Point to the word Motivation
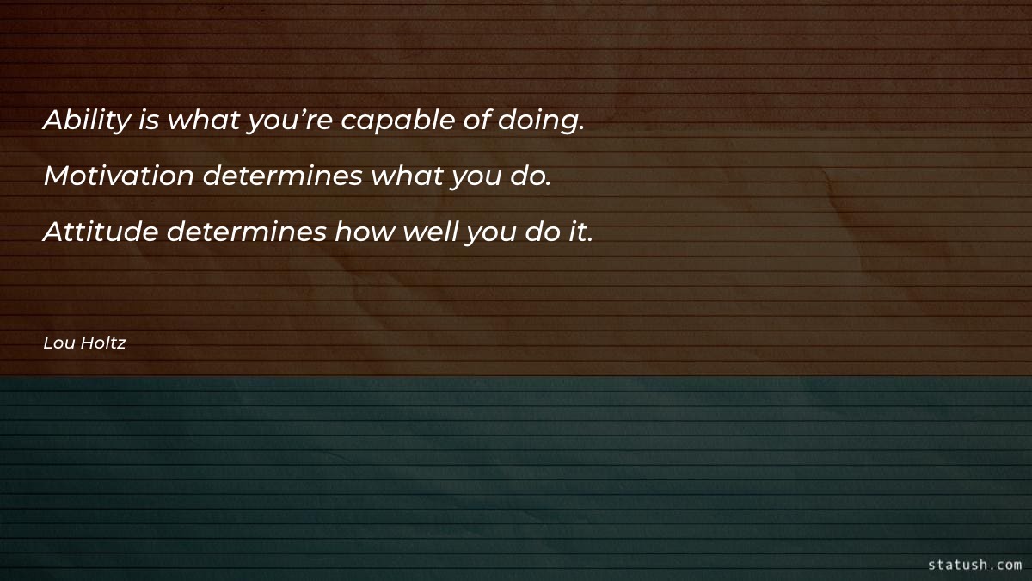point(119,176)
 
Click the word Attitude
point(100,232)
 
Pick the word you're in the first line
point(291,121)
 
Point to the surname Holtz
point(103,343)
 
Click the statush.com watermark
point(974,565)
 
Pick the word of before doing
point(477,121)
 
